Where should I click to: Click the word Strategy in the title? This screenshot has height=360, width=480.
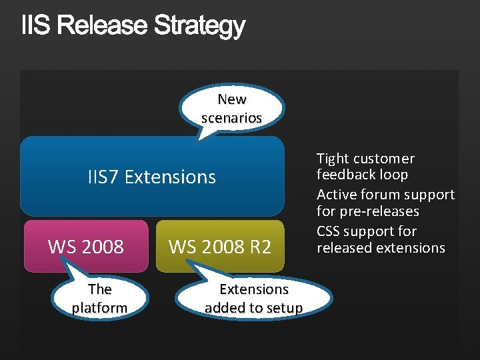(199, 27)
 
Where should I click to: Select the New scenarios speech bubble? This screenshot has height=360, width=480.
(232, 109)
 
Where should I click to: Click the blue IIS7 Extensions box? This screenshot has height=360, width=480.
(152, 177)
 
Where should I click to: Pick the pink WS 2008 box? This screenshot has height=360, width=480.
(86, 247)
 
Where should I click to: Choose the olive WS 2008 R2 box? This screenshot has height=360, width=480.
(220, 247)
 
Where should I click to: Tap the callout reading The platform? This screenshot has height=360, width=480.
(99, 298)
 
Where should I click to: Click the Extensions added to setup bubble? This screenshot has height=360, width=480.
(254, 298)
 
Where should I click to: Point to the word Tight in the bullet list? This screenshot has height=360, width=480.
(333, 159)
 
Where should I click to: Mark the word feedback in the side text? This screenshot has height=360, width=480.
(345, 175)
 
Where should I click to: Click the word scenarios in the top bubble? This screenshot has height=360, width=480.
(232, 118)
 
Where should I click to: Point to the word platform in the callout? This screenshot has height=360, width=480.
(99, 308)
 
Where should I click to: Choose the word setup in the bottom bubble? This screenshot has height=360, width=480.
(285, 308)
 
